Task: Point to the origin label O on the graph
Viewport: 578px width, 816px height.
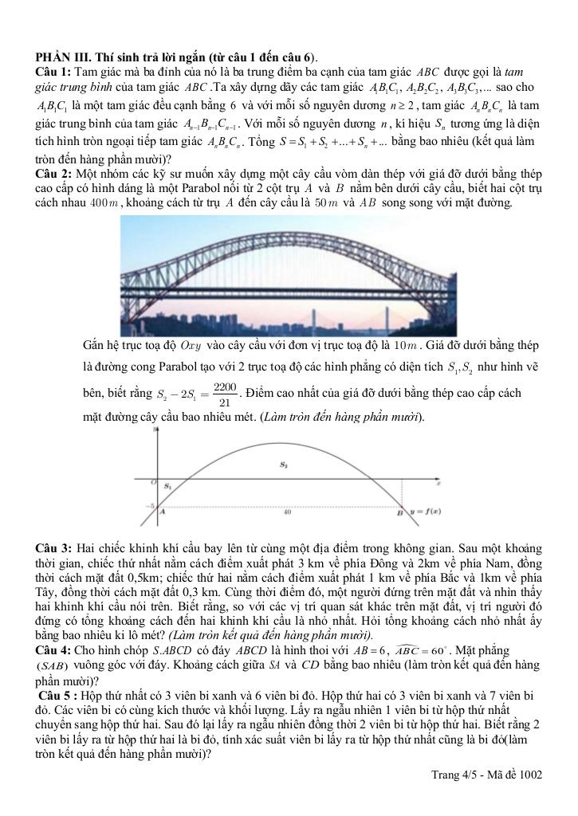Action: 152,481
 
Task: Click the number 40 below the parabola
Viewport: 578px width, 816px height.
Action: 286,512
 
